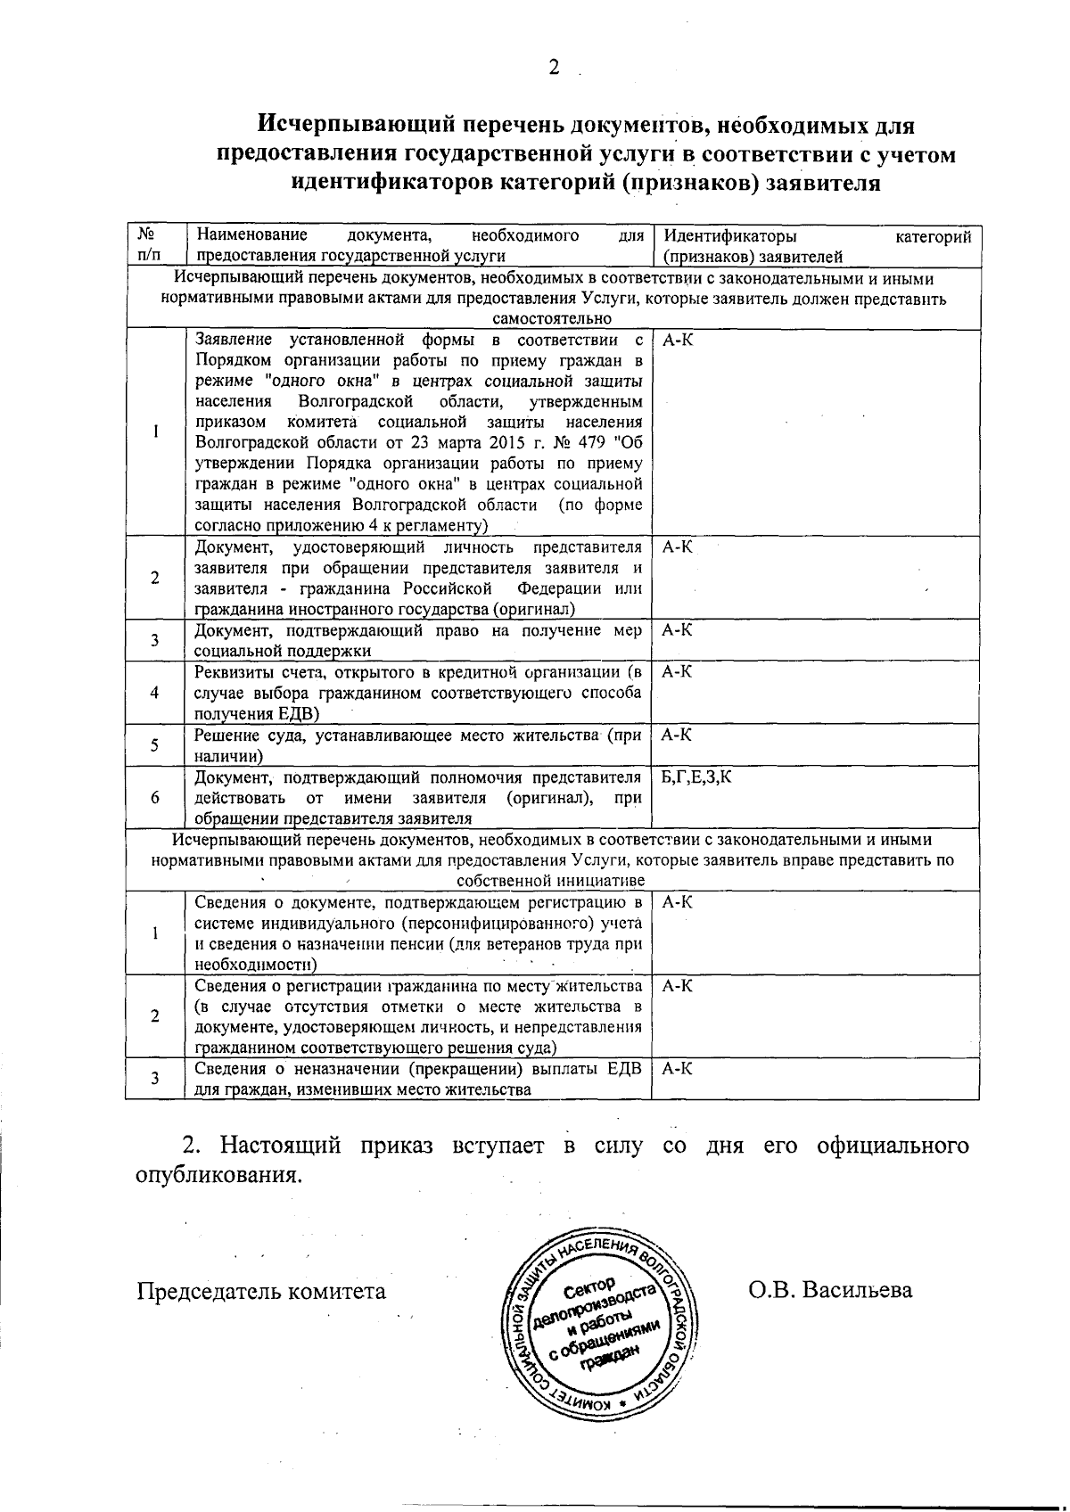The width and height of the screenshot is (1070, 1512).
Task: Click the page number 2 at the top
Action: [x=554, y=68]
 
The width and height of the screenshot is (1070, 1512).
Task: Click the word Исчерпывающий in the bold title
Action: [x=334, y=124]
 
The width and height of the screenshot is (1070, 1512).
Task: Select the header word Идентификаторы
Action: [x=730, y=236]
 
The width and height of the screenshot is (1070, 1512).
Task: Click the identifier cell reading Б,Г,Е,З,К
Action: [x=697, y=777]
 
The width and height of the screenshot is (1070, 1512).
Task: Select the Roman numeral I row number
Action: [x=155, y=431]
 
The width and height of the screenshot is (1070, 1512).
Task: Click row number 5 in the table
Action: [x=155, y=745]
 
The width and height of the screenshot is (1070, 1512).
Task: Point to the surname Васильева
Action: [x=857, y=1290]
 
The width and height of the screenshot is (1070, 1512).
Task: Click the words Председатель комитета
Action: [x=261, y=1291]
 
